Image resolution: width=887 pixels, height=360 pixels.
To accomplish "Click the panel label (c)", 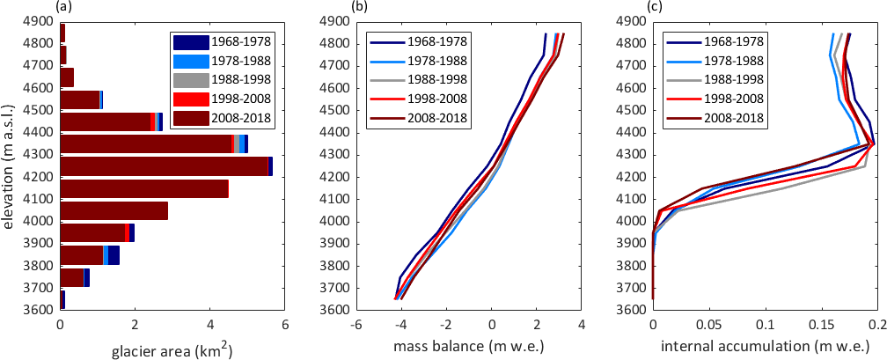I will click(655, 7).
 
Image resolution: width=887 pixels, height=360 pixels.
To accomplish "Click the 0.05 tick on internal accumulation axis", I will click(709, 325).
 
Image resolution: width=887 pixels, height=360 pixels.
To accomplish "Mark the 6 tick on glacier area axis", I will click(284, 325).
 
